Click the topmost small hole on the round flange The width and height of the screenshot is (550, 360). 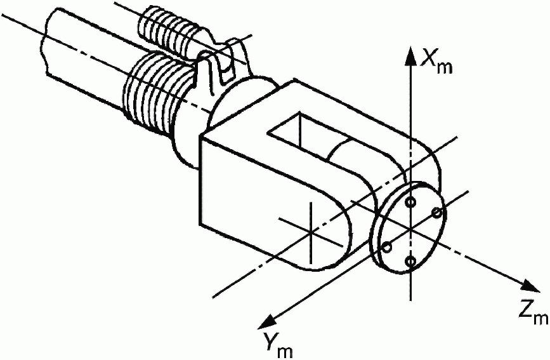412,202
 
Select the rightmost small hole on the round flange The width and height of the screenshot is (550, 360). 436,212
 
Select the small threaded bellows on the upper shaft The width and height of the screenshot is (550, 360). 169,28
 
